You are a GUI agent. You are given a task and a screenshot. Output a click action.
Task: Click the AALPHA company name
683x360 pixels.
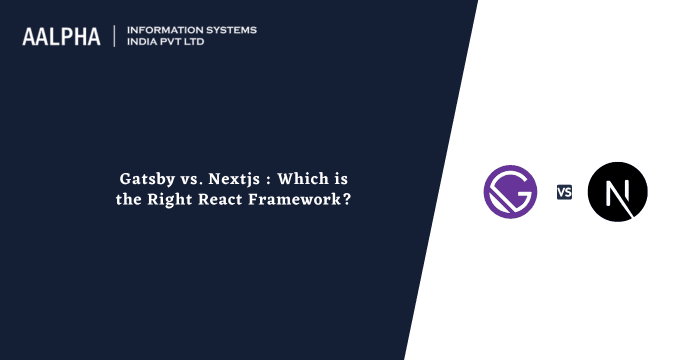(62, 36)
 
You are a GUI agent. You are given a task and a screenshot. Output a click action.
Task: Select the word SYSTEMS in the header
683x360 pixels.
(229, 30)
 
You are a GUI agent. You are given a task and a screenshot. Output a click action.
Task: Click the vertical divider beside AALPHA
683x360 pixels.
(115, 36)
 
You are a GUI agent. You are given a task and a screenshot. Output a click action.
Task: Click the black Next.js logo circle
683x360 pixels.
(617, 191)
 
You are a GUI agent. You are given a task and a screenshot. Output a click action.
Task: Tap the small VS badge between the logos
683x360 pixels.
(564, 192)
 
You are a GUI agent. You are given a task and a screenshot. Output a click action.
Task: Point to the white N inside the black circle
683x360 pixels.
(617, 191)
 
